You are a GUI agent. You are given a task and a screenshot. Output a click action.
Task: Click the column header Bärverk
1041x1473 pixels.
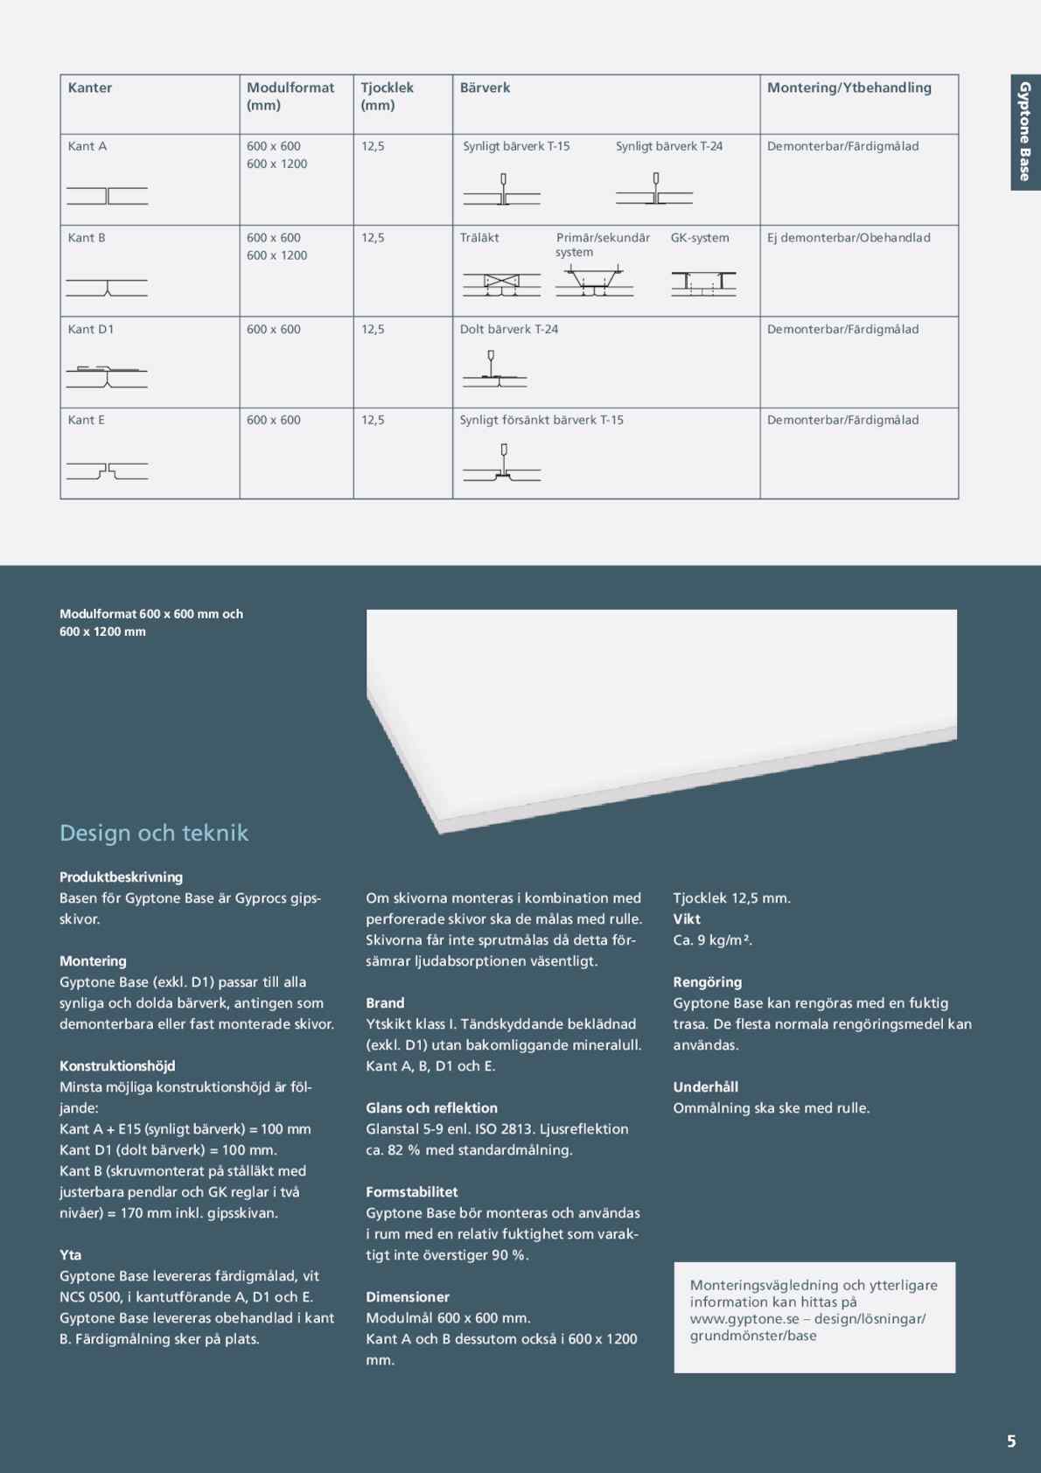tap(485, 87)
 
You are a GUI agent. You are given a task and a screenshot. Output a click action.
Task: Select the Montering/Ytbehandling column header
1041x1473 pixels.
tap(849, 87)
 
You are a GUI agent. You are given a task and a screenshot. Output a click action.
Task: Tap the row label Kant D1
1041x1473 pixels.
tap(91, 329)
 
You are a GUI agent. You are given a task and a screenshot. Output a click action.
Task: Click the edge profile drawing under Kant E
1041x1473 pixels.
tap(107, 471)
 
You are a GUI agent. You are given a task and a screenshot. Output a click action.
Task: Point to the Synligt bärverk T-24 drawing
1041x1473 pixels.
tap(654, 190)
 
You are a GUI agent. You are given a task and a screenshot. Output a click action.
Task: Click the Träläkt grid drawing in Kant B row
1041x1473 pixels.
tap(501, 283)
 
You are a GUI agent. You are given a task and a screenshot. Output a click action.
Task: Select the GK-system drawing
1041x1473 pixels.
tap(703, 283)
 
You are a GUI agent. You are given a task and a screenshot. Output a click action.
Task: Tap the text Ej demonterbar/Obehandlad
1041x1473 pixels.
tap(849, 238)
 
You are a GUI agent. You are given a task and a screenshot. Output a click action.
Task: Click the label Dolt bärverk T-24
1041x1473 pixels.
tap(509, 329)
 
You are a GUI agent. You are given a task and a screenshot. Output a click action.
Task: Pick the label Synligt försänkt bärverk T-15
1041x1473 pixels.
tap(541, 420)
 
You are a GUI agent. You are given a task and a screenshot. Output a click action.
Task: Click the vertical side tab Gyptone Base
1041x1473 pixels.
tap(1024, 131)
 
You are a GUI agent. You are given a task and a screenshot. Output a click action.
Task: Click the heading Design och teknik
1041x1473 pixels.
tap(154, 833)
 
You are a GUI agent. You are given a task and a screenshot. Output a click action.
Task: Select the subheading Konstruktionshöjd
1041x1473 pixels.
tap(117, 1065)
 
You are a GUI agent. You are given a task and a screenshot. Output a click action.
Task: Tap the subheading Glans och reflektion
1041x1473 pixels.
tap(431, 1107)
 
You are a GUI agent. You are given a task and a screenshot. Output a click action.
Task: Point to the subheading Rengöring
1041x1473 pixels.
tap(707, 981)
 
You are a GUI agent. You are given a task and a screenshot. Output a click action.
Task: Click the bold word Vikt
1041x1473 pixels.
tap(687, 918)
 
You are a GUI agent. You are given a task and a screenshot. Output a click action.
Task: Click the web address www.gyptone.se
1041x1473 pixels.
tap(744, 1318)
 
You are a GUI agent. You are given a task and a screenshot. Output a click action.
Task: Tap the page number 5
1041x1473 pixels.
tap(1011, 1441)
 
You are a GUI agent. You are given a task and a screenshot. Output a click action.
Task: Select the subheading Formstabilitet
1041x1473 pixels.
tap(411, 1191)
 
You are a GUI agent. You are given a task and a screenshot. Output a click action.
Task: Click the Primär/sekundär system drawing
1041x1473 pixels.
tap(594, 283)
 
